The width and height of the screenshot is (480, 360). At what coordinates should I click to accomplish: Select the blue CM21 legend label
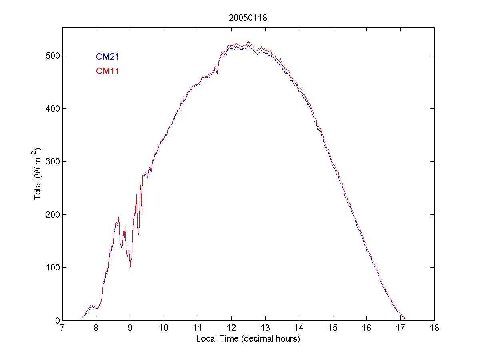(107, 57)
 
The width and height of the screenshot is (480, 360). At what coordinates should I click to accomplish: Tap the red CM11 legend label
(107, 71)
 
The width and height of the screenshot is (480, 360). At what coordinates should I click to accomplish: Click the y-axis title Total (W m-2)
(38, 174)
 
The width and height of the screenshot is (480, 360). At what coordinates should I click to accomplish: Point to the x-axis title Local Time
(248, 339)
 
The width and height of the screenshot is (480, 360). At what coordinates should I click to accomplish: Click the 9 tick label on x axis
(130, 328)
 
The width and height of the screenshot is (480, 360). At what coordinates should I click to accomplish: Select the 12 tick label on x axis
(232, 328)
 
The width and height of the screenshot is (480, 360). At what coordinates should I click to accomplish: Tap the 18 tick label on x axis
(434, 328)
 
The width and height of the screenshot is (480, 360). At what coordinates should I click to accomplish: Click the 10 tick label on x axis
(164, 328)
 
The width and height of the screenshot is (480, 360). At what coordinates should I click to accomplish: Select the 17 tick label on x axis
(400, 328)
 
